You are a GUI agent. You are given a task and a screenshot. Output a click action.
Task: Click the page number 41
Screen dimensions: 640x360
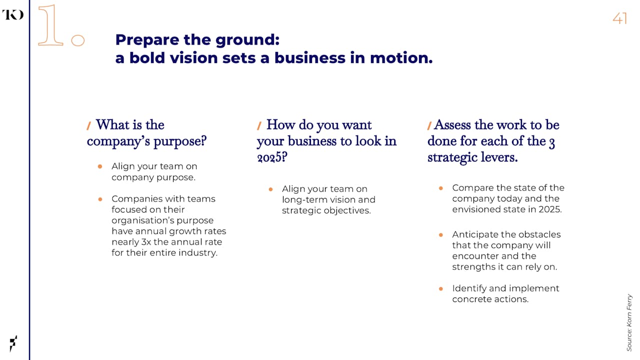coord(619,18)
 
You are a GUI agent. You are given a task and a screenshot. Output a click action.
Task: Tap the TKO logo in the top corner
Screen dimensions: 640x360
coord(13,14)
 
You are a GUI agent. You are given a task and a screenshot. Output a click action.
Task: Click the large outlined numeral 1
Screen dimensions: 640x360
coord(50,25)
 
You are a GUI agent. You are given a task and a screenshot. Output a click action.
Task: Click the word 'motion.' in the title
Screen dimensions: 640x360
coord(401,57)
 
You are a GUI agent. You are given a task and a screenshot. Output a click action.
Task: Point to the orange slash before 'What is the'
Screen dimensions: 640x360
coord(89,125)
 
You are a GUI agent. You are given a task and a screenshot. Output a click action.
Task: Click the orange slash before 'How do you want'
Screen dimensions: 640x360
coord(259,125)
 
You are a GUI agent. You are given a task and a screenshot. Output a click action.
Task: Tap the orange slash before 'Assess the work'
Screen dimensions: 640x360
coord(429,125)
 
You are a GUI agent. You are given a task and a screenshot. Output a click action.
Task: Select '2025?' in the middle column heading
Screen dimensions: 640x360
coord(272,157)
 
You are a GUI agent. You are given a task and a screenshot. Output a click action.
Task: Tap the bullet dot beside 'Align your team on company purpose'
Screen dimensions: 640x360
coord(100,166)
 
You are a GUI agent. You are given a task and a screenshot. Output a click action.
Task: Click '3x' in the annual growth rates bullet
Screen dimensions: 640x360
coord(146,242)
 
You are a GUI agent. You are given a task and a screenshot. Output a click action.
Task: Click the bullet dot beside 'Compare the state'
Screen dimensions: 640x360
coord(441,188)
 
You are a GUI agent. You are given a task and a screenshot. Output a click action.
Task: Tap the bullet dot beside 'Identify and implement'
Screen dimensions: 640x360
coord(441,289)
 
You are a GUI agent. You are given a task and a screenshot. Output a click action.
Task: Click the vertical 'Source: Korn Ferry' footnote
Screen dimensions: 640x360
coord(629,322)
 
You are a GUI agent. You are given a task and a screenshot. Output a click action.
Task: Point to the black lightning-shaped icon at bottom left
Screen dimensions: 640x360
coord(13,343)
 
